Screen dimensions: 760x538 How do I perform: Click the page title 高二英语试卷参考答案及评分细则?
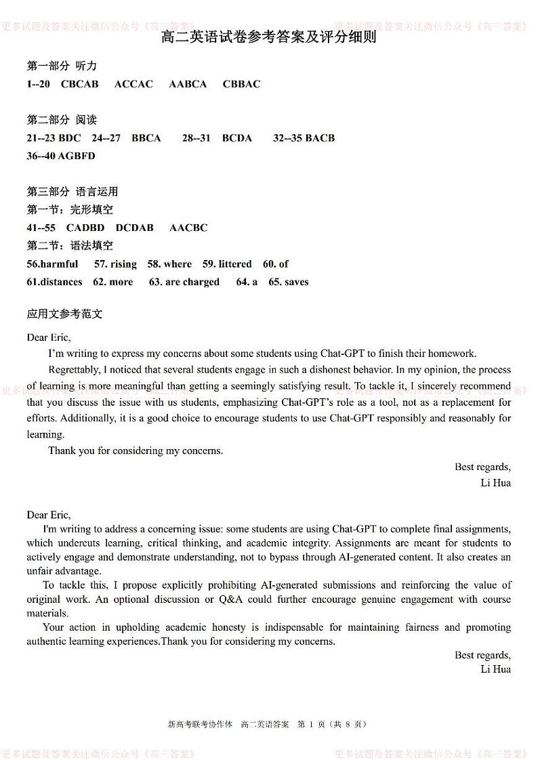click(268, 37)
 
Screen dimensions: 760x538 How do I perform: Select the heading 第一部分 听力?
click(62, 66)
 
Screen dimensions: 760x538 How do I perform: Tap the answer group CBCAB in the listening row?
click(79, 84)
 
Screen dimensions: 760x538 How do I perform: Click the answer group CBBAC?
click(241, 84)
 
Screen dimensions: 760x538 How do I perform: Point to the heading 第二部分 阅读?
click(62, 120)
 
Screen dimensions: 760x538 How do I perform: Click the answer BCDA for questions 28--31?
click(236, 138)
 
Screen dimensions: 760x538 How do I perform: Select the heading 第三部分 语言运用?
click(72, 192)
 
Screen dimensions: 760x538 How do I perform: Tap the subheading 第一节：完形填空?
click(70, 210)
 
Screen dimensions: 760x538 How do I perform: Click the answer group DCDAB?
click(134, 228)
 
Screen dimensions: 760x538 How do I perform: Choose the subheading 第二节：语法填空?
click(70, 246)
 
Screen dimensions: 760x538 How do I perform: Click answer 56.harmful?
click(52, 264)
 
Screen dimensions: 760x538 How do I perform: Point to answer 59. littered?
click(227, 264)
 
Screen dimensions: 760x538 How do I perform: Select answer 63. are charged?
click(184, 282)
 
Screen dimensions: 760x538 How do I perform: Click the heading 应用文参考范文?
click(64, 314)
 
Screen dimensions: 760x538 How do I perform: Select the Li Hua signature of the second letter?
click(495, 669)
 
